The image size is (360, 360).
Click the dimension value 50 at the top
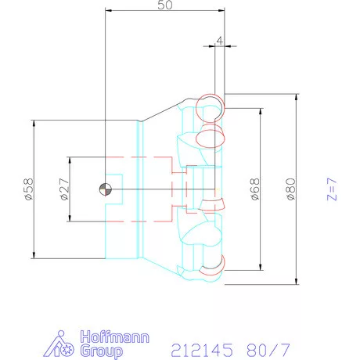pyautogui.click(x=164, y=5)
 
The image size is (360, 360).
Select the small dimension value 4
pyautogui.click(x=220, y=39)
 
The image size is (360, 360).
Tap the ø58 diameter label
pyautogui.click(x=27, y=190)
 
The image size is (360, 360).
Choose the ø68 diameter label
pyautogui.click(x=255, y=189)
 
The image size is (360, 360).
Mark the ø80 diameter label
pyautogui.click(x=290, y=189)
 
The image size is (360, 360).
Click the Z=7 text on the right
pyautogui.click(x=331, y=189)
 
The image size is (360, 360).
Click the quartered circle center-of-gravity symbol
pyautogui.click(x=105, y=189)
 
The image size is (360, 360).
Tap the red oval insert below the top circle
pyautogui.click(x=210, y=138)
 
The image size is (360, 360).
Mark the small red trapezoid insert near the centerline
pyautogui.click(x=211, y=204)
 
